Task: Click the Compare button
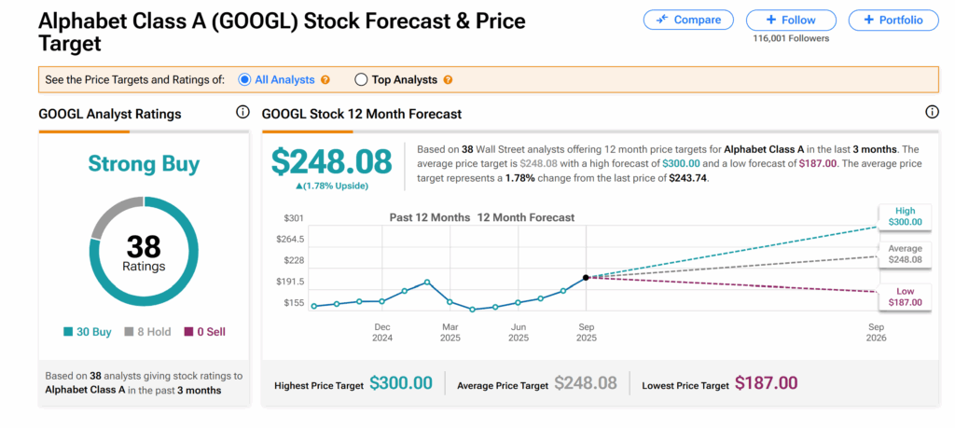click(x=688, y=20)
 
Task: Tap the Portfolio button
click(x=893, y=20)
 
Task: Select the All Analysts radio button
click(x=245, y=80)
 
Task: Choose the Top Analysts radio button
click(x=361, y=80)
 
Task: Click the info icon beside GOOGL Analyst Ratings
click(x=242, y=113)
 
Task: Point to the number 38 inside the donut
click(x=144, y=246)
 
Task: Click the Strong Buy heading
click(x=144, y=165)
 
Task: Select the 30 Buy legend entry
click(x=88, y=331)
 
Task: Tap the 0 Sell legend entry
click(x=204, y=331)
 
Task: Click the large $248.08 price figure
click(x=331, y=161)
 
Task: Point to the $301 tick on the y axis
click(x=294, y=217)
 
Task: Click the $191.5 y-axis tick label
click(x=290, y=282)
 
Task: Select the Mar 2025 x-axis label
click(x=450, y=333)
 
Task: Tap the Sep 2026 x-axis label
click(x=876, y=333)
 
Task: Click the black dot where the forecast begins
click(x=586, y=277)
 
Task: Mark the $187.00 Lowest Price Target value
click(x=766, y=383)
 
